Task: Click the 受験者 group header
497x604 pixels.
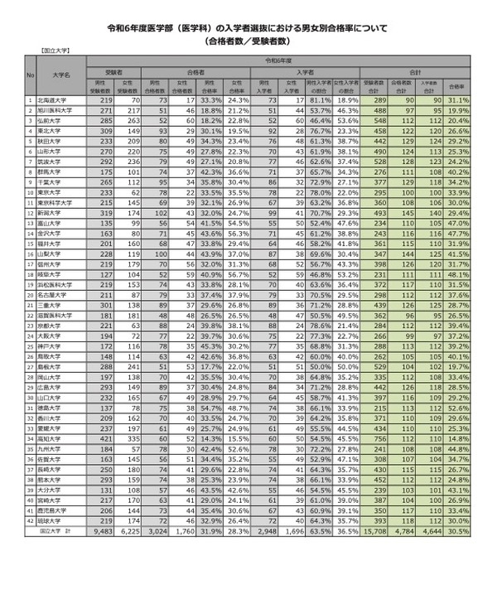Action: (x=118, y=72)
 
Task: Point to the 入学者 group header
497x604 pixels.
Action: (x=305, y=72)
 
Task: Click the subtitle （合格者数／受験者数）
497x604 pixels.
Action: (x=248, y=39)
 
